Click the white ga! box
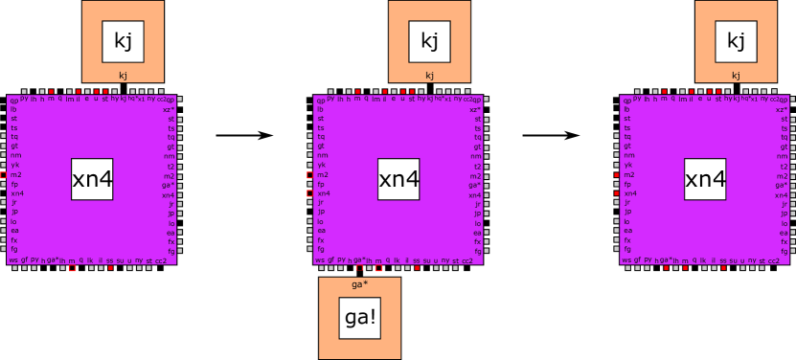[359, 318]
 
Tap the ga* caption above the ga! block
[359, 284]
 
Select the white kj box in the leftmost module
[123, 41]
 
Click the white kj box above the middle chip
[429, 41]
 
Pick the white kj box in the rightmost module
[736, 41]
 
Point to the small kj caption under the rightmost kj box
[736, 75]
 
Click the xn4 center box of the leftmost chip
[92, 179]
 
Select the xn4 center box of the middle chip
[398, 179]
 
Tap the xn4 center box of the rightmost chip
[705, 179]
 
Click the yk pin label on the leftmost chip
[14, 165]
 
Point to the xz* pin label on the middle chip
[475, 109]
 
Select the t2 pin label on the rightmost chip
[783, 166]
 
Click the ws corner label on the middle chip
[319, 259]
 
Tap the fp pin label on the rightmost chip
[627, 184]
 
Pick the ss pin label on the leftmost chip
[109, 259]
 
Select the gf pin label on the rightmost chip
[637, 259]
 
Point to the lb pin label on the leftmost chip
[13, 109]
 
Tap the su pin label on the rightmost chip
[734, 259]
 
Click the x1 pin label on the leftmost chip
[140, 99]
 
